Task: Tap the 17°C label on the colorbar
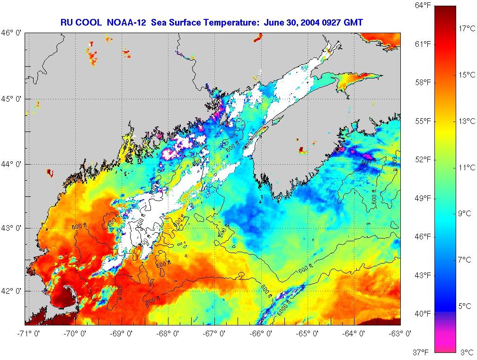467,28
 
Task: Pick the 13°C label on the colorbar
467,121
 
